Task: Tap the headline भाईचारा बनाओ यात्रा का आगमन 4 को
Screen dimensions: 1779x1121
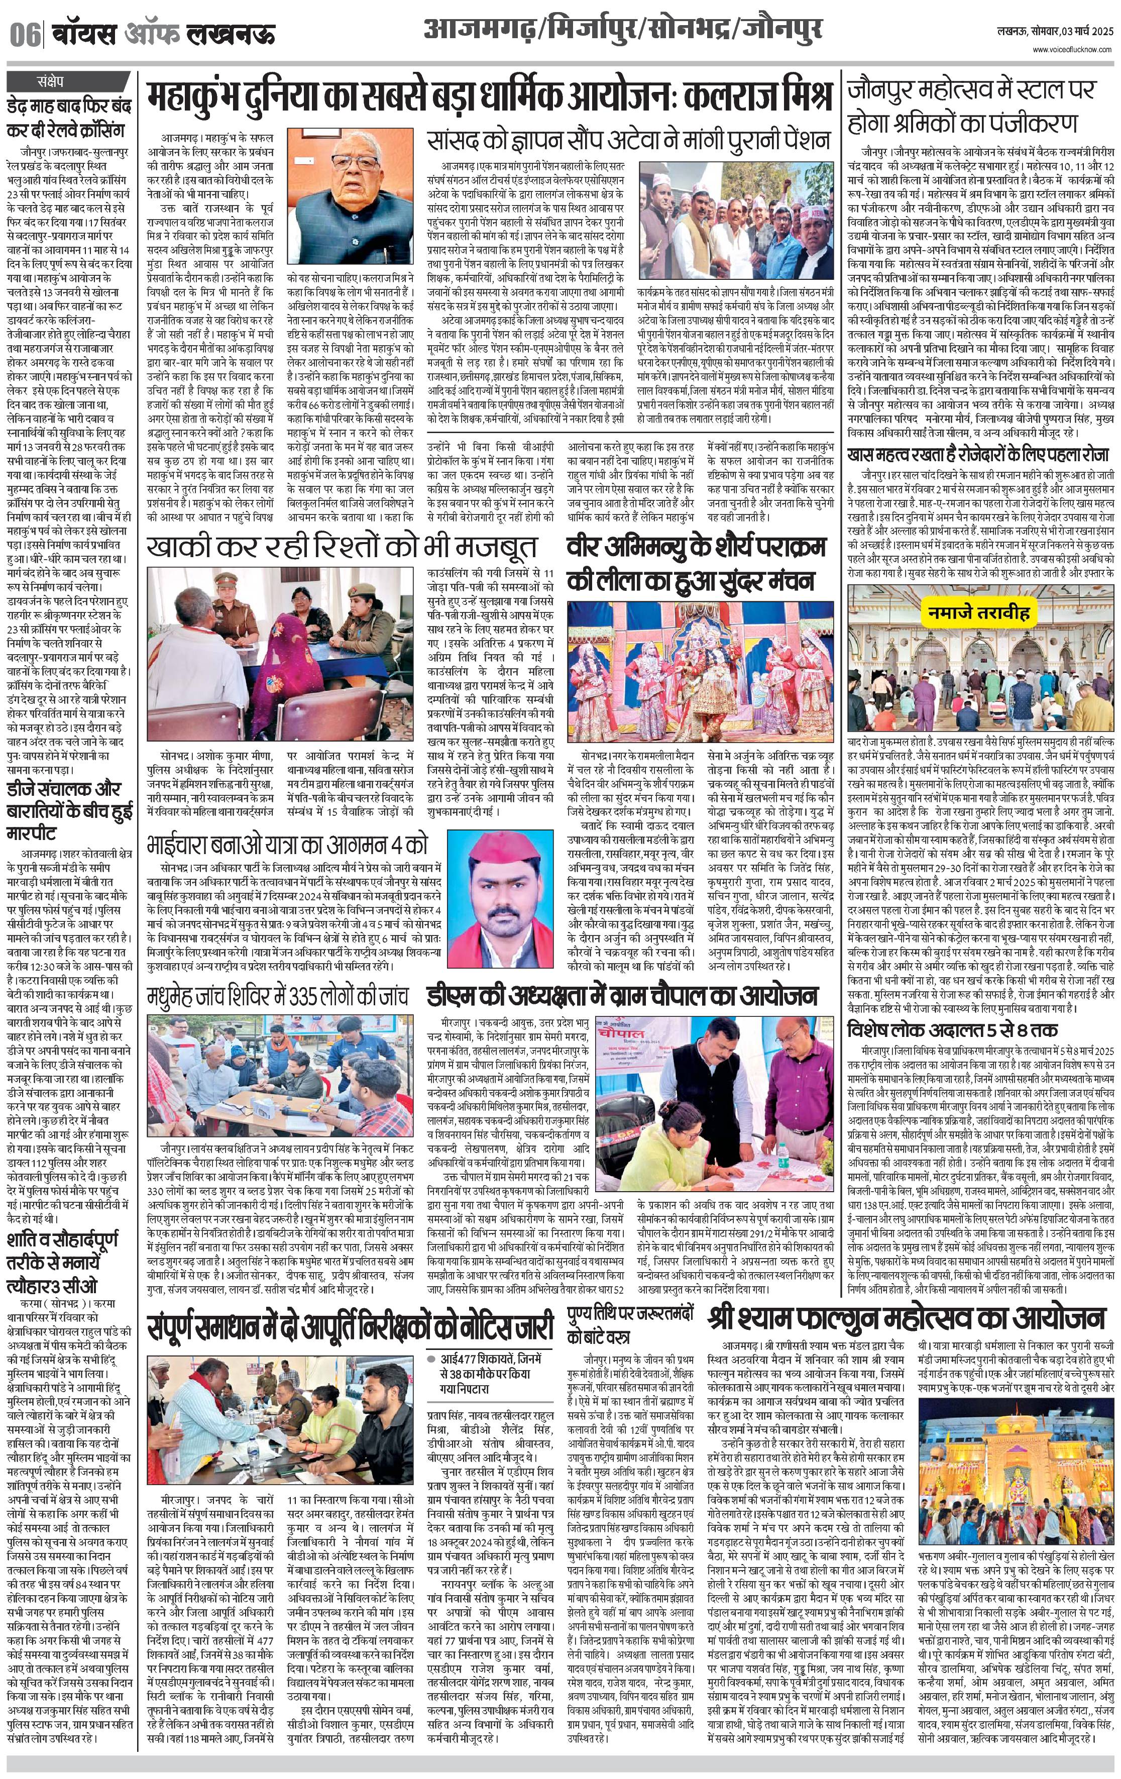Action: (286, 844)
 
